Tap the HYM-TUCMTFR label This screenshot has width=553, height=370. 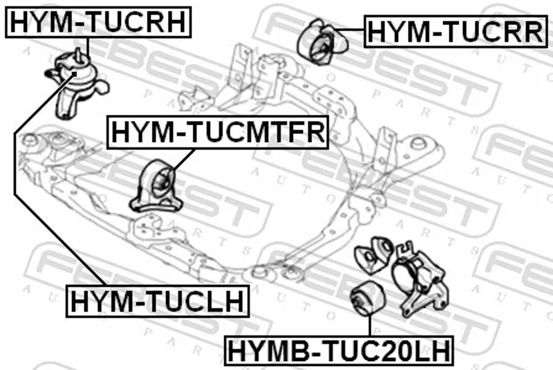pyautogui.click(x=216, y=131)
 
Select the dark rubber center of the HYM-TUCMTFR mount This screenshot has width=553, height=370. pyautogui.click(x=165, y=184)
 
